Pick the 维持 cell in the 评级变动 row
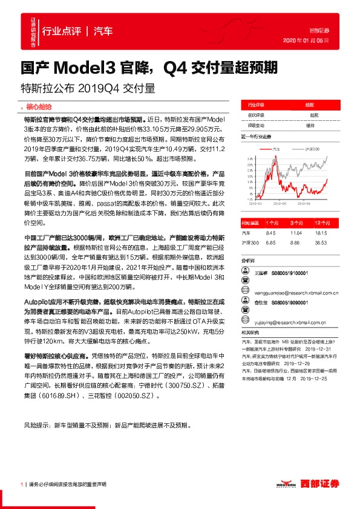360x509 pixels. click(310, 126)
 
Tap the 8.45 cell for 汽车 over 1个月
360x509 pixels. click(270, 232)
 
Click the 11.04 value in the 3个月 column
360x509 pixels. click(295, 232)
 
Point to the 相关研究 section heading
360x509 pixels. click(250, 333)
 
